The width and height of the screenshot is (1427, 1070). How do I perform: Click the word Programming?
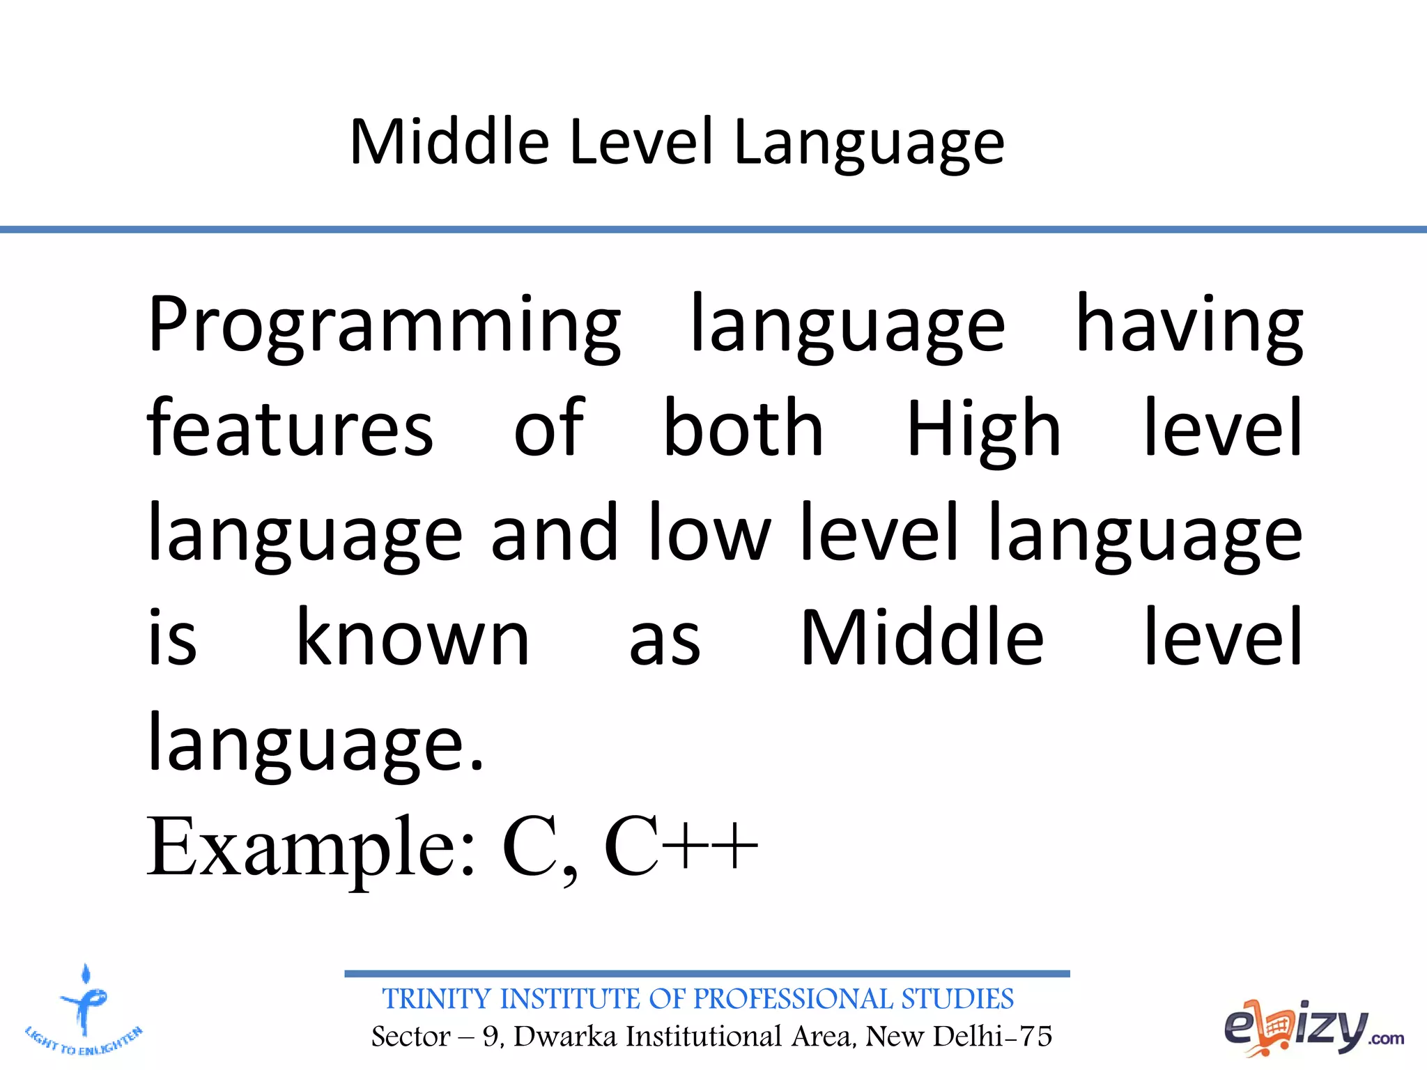pyautogui.click(x=384, y=326)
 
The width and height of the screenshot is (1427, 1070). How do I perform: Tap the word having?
pyautogui.click(x=1189, y=326)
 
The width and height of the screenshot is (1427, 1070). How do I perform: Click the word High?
pyautogui.click(x=983, y=430)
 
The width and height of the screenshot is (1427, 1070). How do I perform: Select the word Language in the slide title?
pyautogui.click(x=869, y=144)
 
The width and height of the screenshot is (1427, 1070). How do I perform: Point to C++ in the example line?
pyautogui.click(x=681, y=847)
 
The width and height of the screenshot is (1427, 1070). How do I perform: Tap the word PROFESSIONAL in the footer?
pyautogui.click(x=793, y=999)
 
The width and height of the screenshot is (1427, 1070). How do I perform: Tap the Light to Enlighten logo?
pyautogui.click(x=84, y=1011)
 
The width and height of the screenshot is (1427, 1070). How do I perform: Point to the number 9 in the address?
pyautogui.click(x=491, y=1037)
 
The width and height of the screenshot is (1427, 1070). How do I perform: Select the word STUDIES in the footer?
pyautogui.click(x=957, y=999)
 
